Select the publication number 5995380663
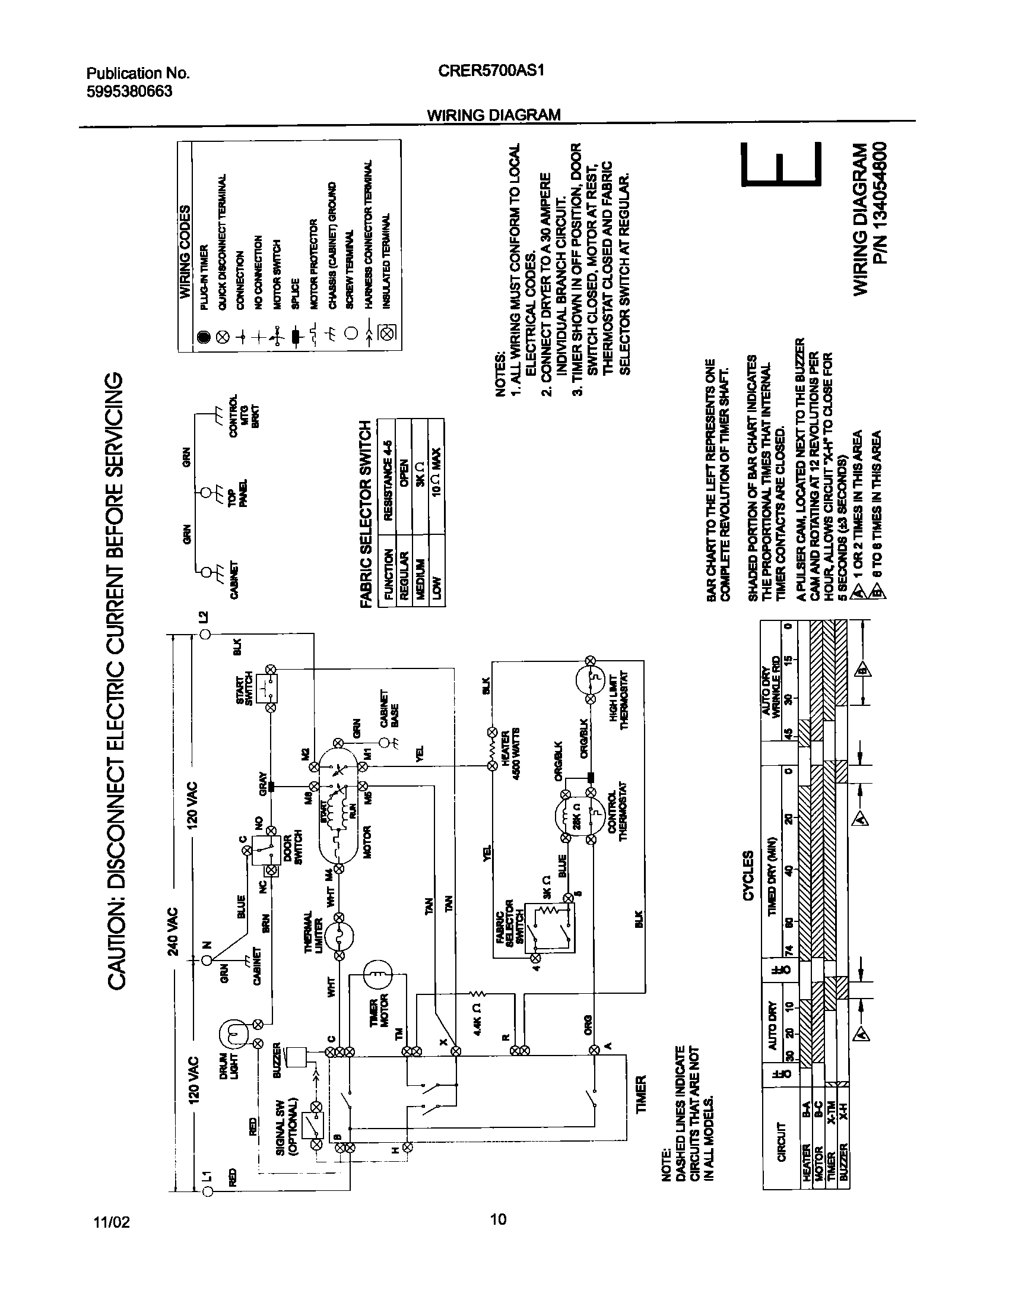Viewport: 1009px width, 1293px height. tap(129, 91)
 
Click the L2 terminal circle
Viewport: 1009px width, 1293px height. tap(205, 635)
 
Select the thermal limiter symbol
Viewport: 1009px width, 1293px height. tap(339, 939)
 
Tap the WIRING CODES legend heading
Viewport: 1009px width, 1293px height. tap(185, 251)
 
